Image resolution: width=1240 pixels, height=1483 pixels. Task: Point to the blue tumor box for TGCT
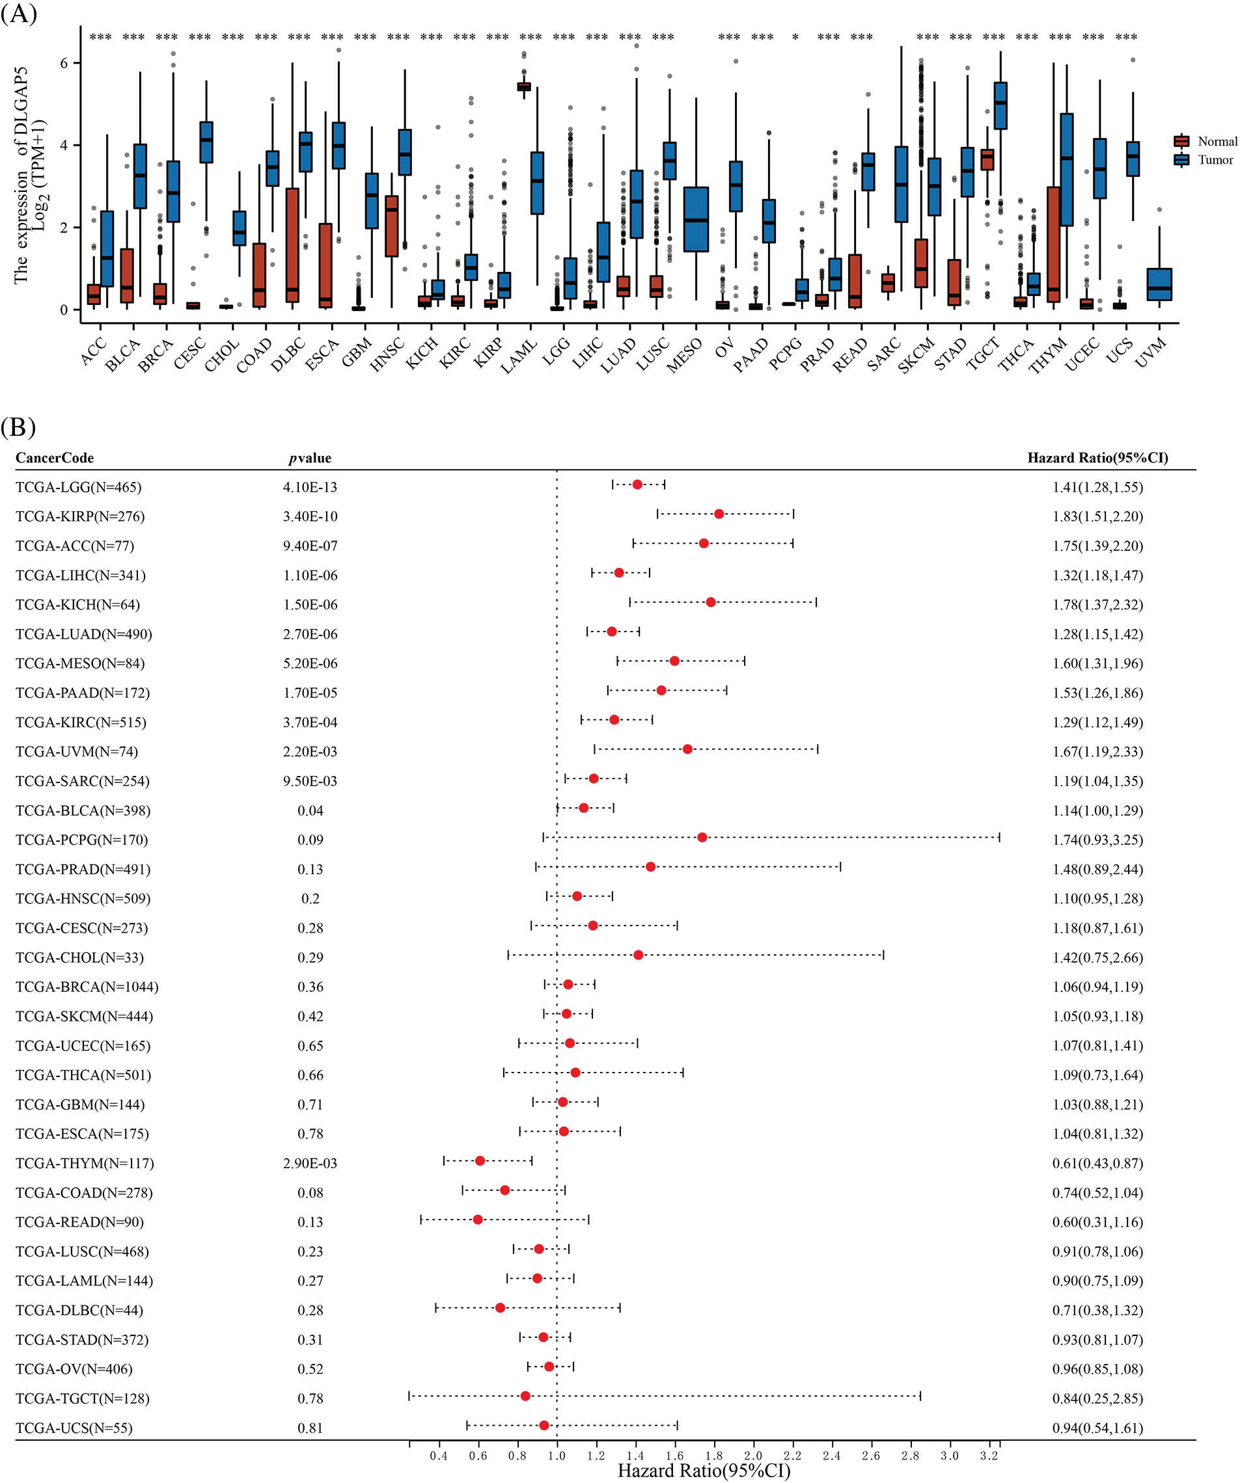(1000, 106)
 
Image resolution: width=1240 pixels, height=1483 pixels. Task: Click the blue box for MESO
(696, 219)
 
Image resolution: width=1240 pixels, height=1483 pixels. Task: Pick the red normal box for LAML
(523, 86)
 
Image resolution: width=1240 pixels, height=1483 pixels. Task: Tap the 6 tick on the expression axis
(64, 64)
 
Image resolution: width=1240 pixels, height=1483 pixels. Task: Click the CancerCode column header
(55, 458)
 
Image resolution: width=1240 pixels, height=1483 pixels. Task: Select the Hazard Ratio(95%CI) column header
(1097, 458)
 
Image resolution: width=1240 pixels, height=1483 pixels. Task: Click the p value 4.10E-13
(310, 487)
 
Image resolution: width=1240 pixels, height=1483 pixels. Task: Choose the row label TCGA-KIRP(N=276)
(80, 516)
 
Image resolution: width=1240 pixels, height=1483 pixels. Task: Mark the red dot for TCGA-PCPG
(702, 838)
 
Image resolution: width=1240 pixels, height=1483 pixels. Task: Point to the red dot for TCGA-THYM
(480, 1161)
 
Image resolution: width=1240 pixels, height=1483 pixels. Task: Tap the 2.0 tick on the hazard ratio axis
(753, 1456)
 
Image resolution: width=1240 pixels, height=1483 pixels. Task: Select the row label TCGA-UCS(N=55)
(74, 1428)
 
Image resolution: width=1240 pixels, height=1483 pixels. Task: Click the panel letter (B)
(18, 427)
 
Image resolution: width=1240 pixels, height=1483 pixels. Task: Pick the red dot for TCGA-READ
(478, 1220)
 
